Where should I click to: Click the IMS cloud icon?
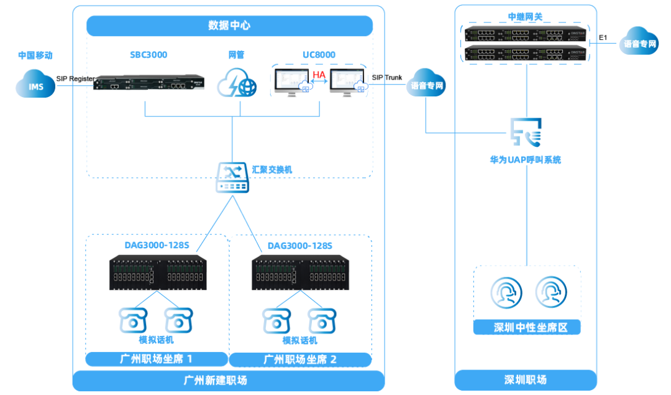click(x=36, y=85)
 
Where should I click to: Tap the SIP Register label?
click(x=75, y=79)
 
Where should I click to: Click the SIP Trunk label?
click(x=386, y=78)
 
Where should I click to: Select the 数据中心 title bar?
click(x=229, y=26)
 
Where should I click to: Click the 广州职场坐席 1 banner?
click(x=157, y=359)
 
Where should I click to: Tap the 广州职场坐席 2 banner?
click(x=301, y=360)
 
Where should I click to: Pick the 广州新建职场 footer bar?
click(x=229, y=379)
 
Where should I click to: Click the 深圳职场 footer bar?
click(x=526, y=379)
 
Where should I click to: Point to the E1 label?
click(x=603, y=38)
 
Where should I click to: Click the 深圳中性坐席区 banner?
click(x=527, y=327)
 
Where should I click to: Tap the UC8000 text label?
click(x=319, y=55)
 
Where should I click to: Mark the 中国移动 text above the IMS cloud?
click(x=35, y=55)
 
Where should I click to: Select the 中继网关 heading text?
click(x=526, y=17)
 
